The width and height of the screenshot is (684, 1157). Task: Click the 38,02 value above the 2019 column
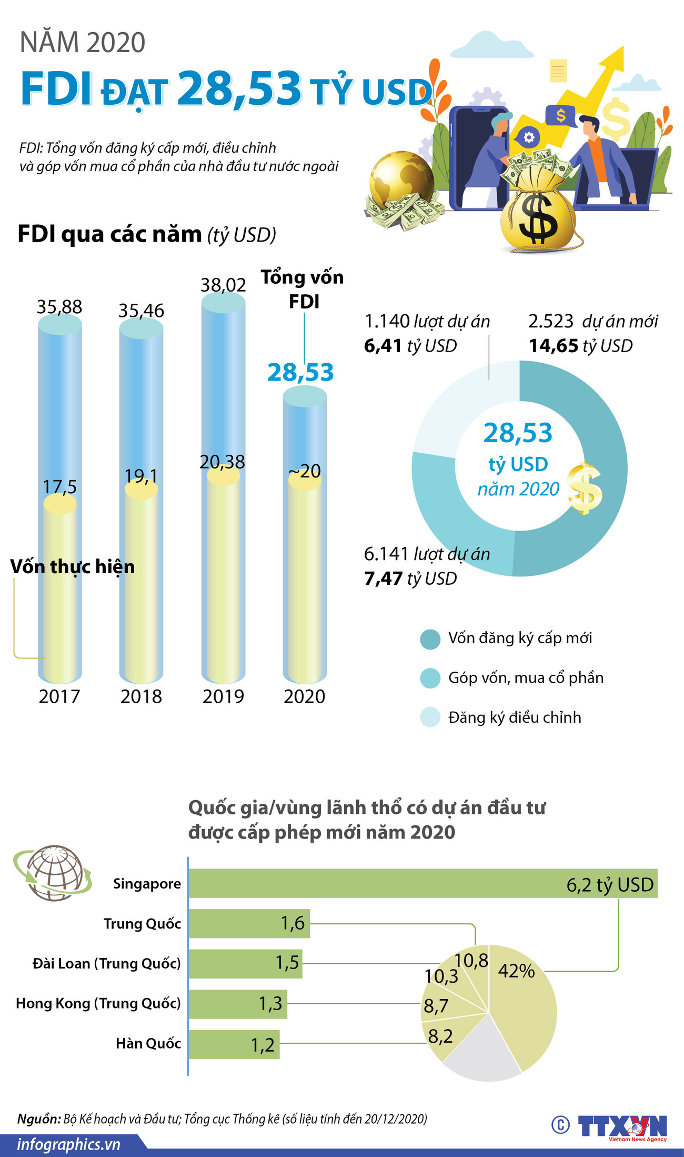click(223, 285)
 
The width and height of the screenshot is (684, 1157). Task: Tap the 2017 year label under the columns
click(59, 696)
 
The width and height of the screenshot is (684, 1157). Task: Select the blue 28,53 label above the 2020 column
click(300, 373)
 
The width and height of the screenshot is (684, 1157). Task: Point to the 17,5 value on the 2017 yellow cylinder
click(59, 487)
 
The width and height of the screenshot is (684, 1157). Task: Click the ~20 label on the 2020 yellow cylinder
click(305, 471)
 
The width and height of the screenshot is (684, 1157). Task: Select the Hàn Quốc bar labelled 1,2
click(234, 1044)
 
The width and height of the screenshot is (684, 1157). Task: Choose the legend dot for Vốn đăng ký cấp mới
click(430, 639)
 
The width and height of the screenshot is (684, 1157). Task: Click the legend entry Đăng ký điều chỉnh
click(514, 717)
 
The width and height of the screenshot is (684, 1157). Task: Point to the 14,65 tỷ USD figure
click(580, 346)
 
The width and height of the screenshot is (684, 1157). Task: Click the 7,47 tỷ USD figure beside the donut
click(410, 578)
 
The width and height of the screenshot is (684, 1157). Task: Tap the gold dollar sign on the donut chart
click(585, 488)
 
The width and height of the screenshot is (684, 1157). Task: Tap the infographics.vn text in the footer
click(68, 1144)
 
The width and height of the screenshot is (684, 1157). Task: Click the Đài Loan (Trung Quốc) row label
click(106, 963)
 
